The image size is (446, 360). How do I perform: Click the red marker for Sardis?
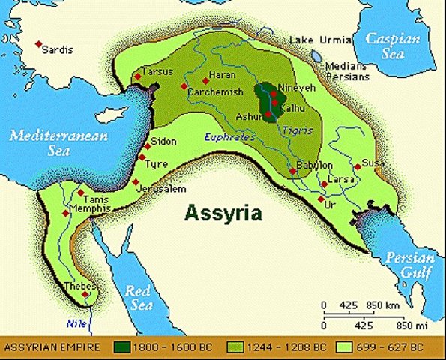pos(39,44)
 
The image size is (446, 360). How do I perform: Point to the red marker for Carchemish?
pos(184,87)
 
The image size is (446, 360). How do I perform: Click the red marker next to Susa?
pos(358,167)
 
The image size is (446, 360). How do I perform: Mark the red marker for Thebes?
pos(86,294)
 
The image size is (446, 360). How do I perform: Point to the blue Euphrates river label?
pos(226,136)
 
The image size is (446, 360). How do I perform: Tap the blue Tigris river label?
pos(293,130)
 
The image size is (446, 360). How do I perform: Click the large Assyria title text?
pos(224,213)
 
